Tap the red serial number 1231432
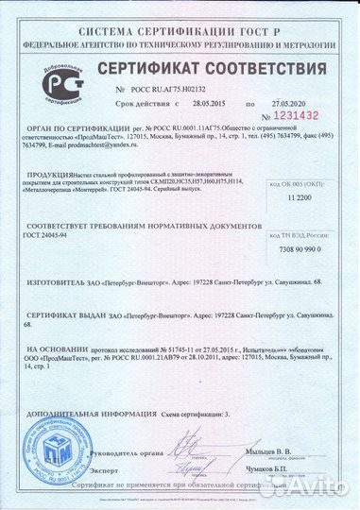point(297,114)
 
